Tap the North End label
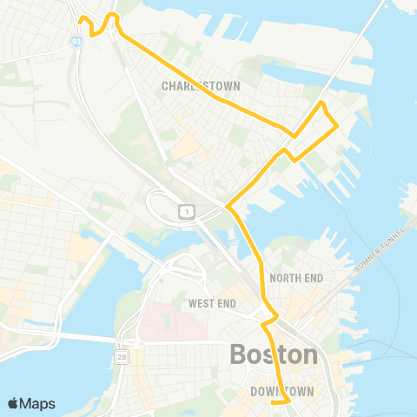pyautogui.click(x=296, y=278)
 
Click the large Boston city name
pyautogui.click(x=274, y=354)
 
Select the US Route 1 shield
pyautogui.click(x=185, y=211)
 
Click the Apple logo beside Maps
pyautogui.click(x=14, y=403)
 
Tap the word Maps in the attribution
pyautogui.click(x=38, y=403)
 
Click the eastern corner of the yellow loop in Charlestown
pyautogui.click(x=336, y=127)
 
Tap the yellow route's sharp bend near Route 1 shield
pyautogui.click(x=228, y=207)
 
